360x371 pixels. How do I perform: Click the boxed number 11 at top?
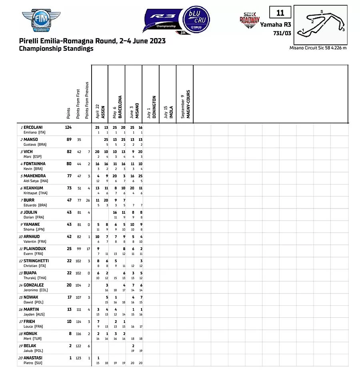pyautogui.click(x=280, y=13)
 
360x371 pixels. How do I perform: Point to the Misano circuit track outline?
pyautogui.click(x=324, y=24)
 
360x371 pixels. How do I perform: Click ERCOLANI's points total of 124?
pyautogui.click(x=68, y=127)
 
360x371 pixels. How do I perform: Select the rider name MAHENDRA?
pyautogui.click(x=34, y=176)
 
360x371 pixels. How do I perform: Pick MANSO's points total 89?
pyautogui.click(x=69, y=139)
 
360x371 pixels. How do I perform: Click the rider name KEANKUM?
pyautogui.click(x=33, y=188)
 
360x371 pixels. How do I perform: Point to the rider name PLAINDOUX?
pyautogui.click(x=35, y=249)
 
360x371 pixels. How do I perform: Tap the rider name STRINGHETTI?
pyautogui.click(x=37, y=261)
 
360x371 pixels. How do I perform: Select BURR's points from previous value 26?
pyautogui.click(x=88, y=200)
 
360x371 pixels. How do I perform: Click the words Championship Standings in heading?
pyautogui.click(x=56, y=49)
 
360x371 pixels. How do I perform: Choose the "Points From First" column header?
pyautogui.click(x=78, y=103)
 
